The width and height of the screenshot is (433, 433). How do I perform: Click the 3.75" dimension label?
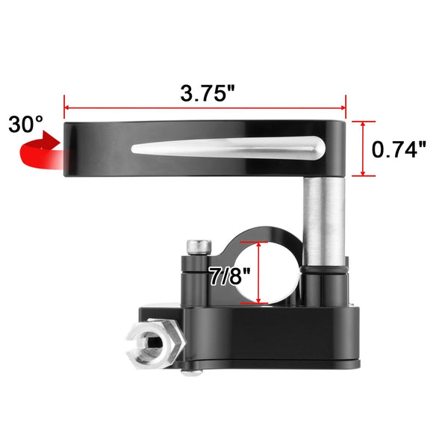pyautogui.click(x=208, y=94)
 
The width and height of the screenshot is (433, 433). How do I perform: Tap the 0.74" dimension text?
pyautogui.click(x=399, y=149)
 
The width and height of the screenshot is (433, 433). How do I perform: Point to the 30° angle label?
pyautogui.click(x=26, y=123)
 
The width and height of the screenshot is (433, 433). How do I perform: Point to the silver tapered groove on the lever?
pyautogui.click(x=231, y=149)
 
